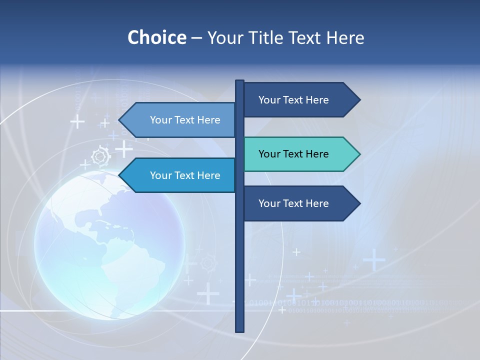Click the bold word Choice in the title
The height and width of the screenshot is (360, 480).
[156, 37]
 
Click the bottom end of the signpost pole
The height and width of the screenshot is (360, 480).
[239, 329]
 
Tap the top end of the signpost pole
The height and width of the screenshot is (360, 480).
[239, 82]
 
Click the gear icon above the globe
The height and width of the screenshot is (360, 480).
[101, 156]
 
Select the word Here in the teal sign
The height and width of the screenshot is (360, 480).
[317, 154]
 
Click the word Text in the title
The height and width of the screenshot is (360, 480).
[305, 37]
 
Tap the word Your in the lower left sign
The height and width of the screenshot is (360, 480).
[160, 175]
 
